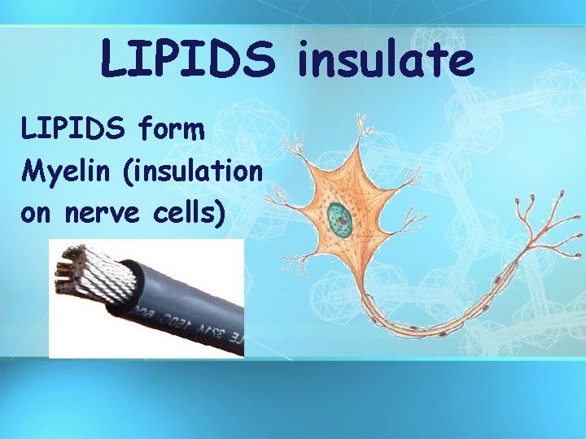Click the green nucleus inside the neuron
[x=339, y=217]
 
